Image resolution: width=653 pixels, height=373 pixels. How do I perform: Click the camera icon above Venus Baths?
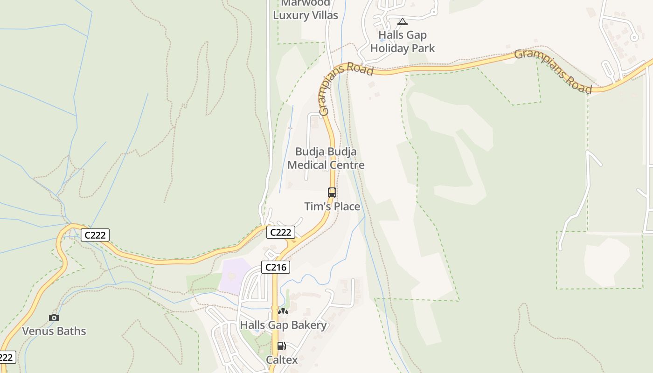coord(54,318)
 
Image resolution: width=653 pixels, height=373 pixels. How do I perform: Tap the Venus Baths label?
coord(54,331)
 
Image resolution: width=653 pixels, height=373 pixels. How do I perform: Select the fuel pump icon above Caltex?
coord(281,346)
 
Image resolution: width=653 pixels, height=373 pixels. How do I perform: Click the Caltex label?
coord(282,359)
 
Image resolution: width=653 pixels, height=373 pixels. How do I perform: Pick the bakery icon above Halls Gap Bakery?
coord(283,311)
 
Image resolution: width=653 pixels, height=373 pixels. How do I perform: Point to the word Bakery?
coord(306,325)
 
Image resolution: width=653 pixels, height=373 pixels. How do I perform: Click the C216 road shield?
coord(275,267)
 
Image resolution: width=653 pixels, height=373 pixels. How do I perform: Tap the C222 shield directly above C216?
coord(281,232)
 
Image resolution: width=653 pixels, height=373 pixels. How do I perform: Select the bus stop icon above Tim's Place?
coord(332,192)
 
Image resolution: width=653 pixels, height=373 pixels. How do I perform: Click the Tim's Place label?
coord(332,206)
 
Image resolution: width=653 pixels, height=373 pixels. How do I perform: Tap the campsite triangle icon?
coord(403,21)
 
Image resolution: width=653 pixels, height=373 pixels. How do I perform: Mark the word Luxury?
coord(291,15)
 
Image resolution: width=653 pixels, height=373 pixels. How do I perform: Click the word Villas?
coord(325,15)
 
